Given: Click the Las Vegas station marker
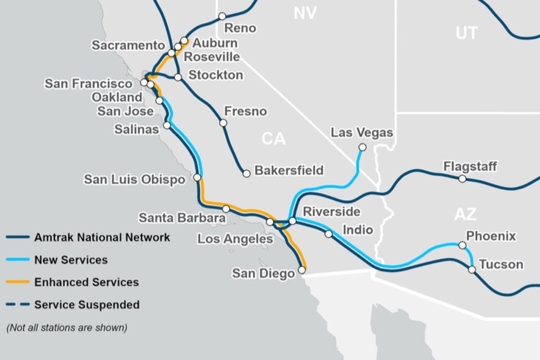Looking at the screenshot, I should coord(362,147).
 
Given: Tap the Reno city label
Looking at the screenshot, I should coord(240,28).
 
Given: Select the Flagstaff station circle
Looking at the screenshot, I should coord(462,179).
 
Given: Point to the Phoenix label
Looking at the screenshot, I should coord(491,236).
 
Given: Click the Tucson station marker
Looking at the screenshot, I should coord(472,269).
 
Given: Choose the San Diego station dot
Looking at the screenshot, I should coord(302,270).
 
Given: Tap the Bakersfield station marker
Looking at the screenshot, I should coord(246,173).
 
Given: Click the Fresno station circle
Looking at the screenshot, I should coord(223,123).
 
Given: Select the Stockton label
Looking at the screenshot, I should coord(216,75).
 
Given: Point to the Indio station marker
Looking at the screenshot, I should coord(329,233).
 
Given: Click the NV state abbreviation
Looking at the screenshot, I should coord(305,13).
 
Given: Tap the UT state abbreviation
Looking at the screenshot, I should coord(466,33).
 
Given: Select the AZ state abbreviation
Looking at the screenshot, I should coord(465,214).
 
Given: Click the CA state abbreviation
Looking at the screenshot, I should coord(273,139).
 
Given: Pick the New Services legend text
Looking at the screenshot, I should coord(71,259).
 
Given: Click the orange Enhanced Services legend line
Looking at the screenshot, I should coord(17,282).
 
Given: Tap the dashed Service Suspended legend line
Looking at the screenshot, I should coord(17,305).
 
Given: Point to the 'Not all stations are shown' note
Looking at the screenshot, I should coord(67,327).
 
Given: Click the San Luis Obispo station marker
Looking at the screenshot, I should coord(198,178).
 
